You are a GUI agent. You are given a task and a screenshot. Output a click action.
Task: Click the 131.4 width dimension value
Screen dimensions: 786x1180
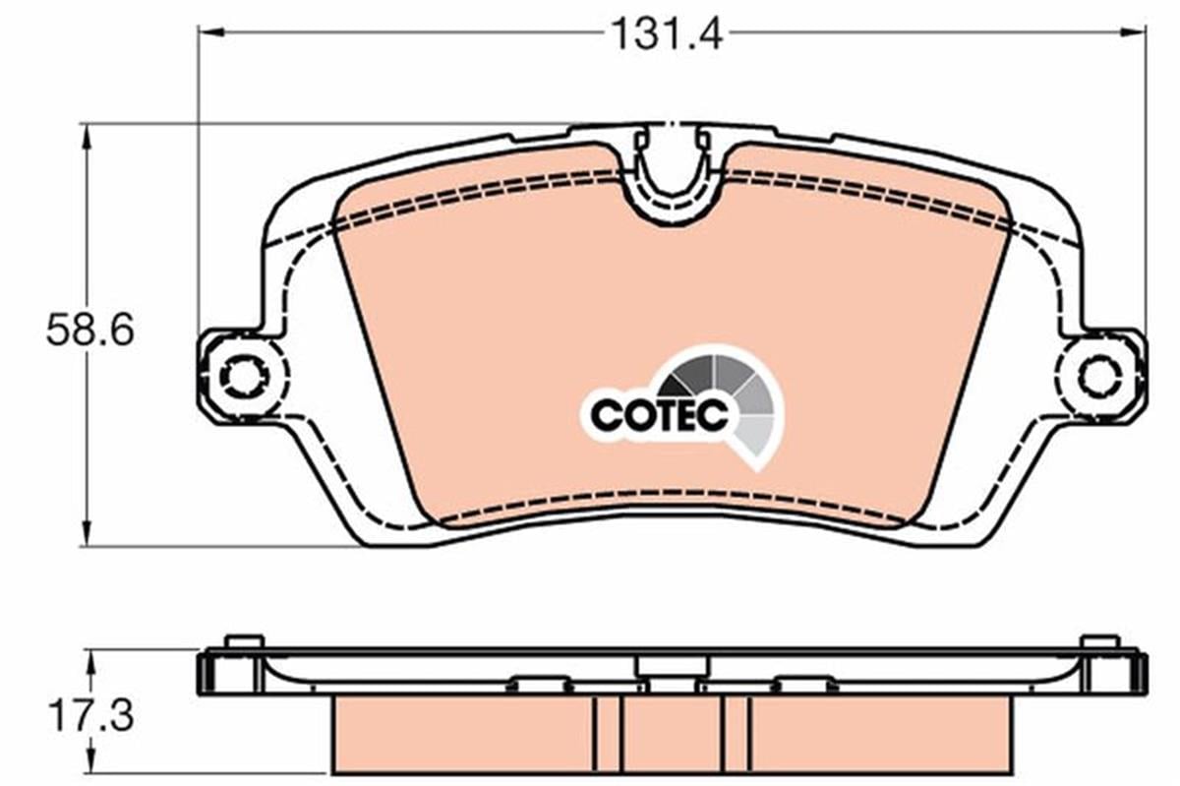667,33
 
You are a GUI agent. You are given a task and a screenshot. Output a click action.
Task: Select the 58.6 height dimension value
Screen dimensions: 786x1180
89,331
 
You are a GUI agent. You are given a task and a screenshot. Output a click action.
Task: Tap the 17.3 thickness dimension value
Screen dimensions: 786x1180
89,716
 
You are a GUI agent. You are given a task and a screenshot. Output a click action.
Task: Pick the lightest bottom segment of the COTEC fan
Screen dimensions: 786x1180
754,438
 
